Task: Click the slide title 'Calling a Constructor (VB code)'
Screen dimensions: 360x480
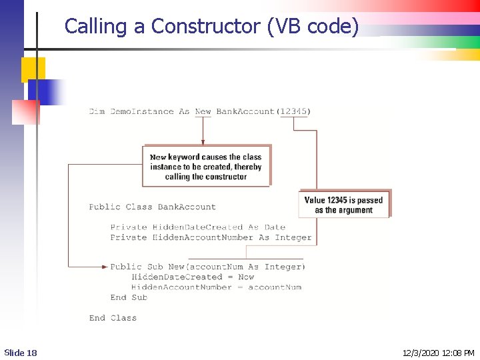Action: (211, 27)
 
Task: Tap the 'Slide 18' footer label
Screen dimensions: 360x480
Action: (21, 352)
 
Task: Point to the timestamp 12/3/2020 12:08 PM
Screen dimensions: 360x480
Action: (439, 352)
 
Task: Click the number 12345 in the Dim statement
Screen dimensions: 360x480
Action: (293, 111)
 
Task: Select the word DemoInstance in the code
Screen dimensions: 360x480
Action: (141, 111)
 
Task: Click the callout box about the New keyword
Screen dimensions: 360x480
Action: (206, 167)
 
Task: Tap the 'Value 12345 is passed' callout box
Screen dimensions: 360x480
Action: (343, 205)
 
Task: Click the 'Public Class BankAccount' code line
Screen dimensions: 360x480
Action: (153, 207)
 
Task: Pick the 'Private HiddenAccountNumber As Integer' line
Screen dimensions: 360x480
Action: (211, 237)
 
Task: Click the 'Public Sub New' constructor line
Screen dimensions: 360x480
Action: (208, 267)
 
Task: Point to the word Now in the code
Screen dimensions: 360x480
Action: (246, 277)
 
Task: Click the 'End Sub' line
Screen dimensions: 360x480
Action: (129, 297)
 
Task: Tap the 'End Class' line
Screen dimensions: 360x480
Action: (113, 318)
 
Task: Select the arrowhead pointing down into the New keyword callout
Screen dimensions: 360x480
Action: (203, 141)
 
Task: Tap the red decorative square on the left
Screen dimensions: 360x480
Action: (25, 112)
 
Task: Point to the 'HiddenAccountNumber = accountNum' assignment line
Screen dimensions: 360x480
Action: (216, 287)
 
